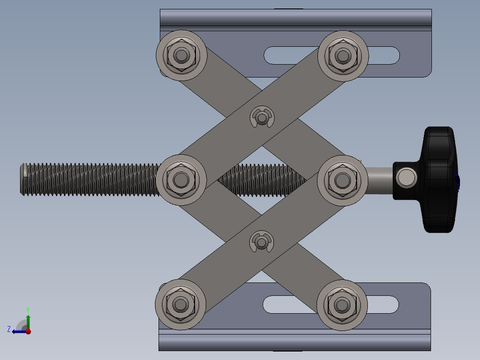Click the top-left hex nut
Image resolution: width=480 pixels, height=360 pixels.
pos(181,55)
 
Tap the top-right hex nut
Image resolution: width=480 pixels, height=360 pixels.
pos(342,56)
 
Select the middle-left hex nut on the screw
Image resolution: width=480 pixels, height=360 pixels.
pos(181,180)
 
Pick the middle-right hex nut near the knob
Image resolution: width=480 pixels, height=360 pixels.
pos(342,180)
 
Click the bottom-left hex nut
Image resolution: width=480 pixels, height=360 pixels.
pos(180,305)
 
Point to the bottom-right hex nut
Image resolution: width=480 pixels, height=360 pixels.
pos(342,305)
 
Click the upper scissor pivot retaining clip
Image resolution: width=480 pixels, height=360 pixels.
pos(262,117)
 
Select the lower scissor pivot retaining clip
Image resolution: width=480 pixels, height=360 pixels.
pos(262,242)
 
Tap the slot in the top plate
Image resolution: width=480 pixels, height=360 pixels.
pos(383,55)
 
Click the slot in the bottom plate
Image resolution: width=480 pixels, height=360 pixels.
pos(383,304)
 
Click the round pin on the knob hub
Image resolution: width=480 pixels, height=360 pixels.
pos(407,177)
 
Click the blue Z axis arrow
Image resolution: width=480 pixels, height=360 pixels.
pos(17,331)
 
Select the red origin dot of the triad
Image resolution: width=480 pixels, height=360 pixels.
pos(28,331)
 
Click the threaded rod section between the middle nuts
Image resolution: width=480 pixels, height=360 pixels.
pos(263,180)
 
